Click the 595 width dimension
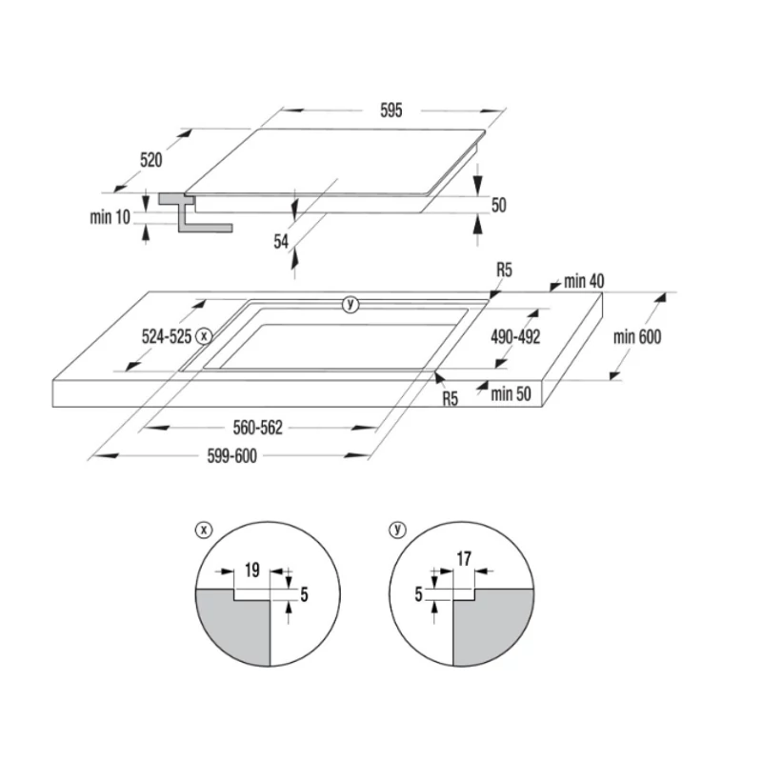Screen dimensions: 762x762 point(391,110)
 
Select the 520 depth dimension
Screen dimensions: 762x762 point(150,160)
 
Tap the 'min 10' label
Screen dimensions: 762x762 point(110,217)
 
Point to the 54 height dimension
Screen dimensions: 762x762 point(281,241)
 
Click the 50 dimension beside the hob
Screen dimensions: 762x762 point(498,205)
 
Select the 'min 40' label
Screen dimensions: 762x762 point(584,281)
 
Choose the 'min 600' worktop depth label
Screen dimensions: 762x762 point(637,336)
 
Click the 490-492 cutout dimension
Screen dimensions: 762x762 point(515,336)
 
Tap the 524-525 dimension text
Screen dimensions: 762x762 point(166,336)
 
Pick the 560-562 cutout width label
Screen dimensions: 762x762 point(257,428)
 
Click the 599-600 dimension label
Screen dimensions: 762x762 point(231,456)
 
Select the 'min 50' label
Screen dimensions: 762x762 point(511,393)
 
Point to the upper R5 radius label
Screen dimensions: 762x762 point(504,270)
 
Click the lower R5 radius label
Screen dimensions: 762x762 point(450,398)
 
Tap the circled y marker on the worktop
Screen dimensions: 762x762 point(350,305)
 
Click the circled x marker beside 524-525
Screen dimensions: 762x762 point(204,336)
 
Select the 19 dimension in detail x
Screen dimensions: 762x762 point(251,570)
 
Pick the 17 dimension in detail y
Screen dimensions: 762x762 point(464,559)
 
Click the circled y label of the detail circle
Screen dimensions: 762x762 point(397,530)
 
